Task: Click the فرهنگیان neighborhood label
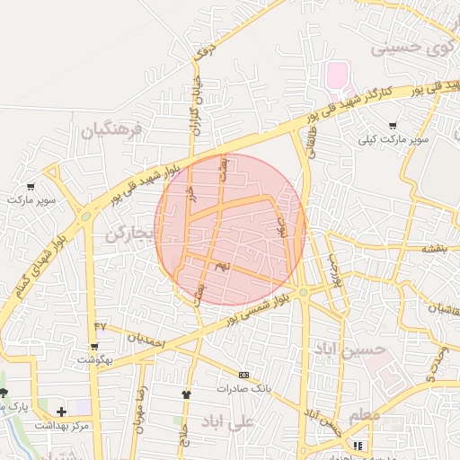111,131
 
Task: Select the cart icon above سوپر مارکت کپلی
393,126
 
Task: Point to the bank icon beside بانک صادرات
243,375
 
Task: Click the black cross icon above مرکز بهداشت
61,411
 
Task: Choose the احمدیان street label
146,341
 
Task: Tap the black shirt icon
187,394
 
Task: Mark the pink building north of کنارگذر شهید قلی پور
338,75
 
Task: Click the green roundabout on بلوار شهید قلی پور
85,216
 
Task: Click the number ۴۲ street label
100,324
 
